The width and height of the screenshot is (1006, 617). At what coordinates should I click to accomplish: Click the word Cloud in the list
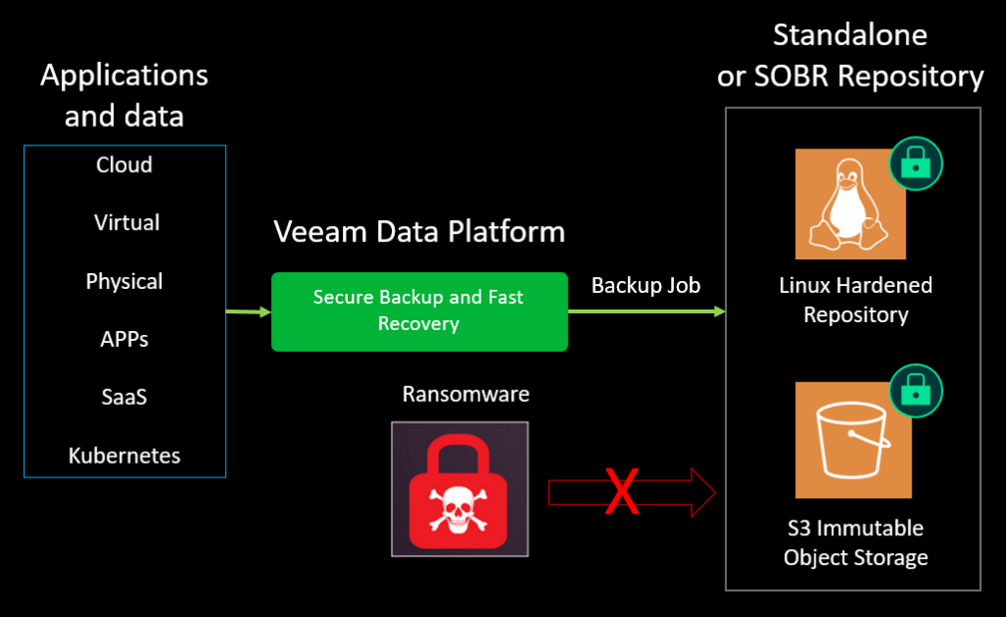coord(124,165)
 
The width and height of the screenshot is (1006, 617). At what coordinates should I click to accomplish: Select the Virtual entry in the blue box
coord(127,223)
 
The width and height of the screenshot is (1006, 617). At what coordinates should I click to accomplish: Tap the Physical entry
coord(124,282)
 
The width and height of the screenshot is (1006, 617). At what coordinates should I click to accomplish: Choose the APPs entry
coord(124,340)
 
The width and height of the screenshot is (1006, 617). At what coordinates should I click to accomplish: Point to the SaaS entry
coord(124,398)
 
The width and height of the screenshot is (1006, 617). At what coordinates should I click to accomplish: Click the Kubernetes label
coord(124,456)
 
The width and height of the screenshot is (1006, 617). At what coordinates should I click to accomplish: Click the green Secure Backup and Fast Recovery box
coord(419,310)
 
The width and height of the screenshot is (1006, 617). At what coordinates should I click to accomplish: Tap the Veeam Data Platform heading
coord(419,232)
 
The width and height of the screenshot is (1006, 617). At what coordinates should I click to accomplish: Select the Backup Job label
coord(645,286)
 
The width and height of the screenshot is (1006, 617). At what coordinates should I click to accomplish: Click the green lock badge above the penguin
coord(916,163)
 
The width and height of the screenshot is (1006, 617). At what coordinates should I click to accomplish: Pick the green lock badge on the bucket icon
coord(916,391)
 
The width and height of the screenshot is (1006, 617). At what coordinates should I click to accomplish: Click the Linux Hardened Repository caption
coord(855,301)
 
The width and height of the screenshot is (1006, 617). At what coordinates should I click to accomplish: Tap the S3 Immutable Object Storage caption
coord(855,542)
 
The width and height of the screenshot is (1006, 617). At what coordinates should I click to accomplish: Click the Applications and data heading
coord(124,95)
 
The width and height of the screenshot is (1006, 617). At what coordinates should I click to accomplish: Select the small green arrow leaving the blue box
coord(248,312)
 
